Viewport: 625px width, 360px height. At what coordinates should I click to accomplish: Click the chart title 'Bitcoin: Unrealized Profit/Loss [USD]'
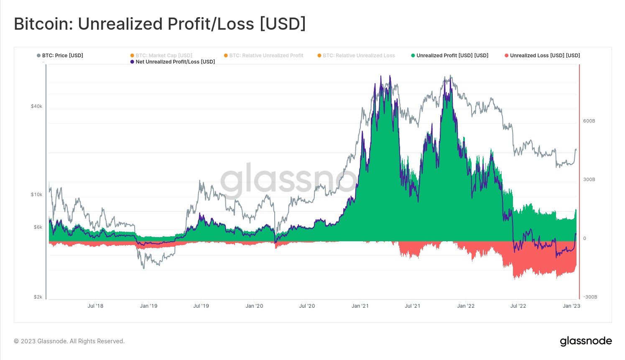point(160,24)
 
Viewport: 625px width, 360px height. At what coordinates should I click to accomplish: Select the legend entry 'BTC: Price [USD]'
point(62,56)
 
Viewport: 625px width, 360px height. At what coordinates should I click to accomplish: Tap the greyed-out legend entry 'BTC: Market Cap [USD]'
point(163,56)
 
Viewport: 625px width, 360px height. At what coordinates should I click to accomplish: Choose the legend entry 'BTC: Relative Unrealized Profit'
point(266,56)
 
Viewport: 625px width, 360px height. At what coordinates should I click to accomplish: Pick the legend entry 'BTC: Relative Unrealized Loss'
point(358,56)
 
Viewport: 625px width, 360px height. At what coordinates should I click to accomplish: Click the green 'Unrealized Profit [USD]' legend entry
point(452,56)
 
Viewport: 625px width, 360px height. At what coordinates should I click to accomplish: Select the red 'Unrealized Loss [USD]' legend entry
point(544,56)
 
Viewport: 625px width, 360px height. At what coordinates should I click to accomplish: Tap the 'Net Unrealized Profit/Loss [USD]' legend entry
point(175,62)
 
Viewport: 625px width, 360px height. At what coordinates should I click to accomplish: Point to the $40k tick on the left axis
point(36,106)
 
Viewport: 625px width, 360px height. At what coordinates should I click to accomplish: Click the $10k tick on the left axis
point(36,194)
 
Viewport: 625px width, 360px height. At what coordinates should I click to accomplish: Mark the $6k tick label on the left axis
point(38,227)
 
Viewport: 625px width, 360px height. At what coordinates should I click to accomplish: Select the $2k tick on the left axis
point(38,297)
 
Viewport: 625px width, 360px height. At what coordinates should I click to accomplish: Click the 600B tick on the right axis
point(589,121)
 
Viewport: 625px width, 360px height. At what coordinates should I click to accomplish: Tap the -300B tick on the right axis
point(590,297)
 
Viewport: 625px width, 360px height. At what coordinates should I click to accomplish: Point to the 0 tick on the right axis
point(584,238)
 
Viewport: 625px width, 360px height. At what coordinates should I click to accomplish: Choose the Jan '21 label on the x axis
point(360,306)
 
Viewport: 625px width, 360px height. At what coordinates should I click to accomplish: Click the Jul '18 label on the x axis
point(95,306)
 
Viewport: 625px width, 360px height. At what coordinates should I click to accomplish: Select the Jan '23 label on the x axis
point(571,306)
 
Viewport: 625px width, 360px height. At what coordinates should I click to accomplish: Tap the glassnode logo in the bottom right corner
point(586,341)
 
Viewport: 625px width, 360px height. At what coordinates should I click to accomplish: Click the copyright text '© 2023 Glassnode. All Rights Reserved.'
point(69,341)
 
